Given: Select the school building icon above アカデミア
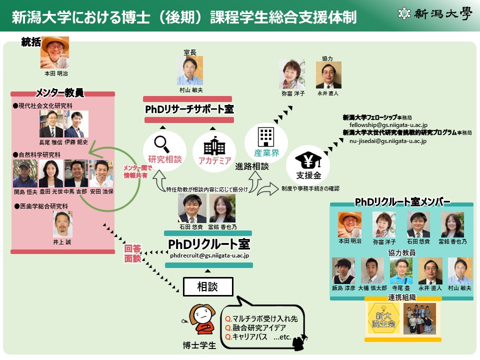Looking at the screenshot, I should pyautogui.click(x=214, y=146).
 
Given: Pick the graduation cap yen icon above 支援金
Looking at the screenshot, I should pyautogui.click(x=308, y=161).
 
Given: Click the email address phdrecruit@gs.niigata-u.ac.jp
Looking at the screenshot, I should pyautogui.click(x=209, y=255).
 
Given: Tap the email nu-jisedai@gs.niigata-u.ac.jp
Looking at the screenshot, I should pyautogui.click(x=387, y=141).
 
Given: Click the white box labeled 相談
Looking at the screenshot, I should pyautogui.click(x=208, y=286).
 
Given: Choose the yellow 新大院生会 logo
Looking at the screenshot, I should pyautogui.click(x=381, y=318).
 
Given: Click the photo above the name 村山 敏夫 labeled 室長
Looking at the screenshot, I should pyautogui.click(x=190, y=70).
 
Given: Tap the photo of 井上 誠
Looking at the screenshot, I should pyautogui.click(x=63, y=223).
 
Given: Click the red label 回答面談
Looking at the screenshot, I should pyautogui.click(x=133, y=254).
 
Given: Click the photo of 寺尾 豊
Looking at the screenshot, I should pyautogui.click(x=401, y=270).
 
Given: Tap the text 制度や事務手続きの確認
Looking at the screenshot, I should pyautogui.click(x=310, y=188).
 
